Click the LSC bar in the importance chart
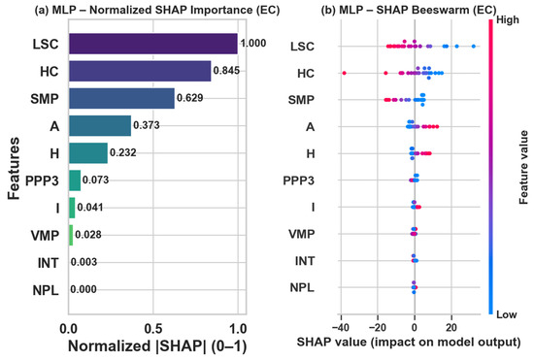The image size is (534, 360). pos(153,44)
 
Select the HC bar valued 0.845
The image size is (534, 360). pos(140,71)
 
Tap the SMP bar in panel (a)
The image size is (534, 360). pos(121,98)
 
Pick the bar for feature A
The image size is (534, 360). pos(100,125)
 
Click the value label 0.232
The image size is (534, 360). pos(123,152)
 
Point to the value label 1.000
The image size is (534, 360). pos(253,44)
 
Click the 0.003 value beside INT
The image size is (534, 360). pos(83,262)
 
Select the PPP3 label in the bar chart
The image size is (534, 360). pos(42,180)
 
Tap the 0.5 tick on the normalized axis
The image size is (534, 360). pos(152,329)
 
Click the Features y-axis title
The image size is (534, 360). pos(14,168)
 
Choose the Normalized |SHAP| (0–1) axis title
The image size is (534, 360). pos(157,346)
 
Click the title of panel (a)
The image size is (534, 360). pos(157,10)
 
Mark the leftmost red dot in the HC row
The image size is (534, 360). pos(344,73)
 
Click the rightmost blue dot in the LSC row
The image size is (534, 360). pos(474,47)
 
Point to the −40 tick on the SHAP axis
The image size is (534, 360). pos(340,328)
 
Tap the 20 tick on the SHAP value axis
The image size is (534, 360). pos(451,328)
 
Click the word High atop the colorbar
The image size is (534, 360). pos(508,20)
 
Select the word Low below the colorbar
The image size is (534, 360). pos(507,314)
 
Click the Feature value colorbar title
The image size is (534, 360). pos(523,168)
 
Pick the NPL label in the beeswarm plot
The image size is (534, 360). pos(302,288)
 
